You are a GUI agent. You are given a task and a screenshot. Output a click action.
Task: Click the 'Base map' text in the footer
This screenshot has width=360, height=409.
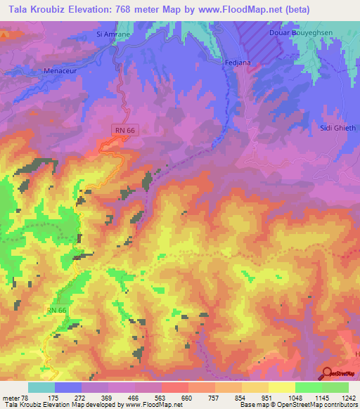click(252, 405)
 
